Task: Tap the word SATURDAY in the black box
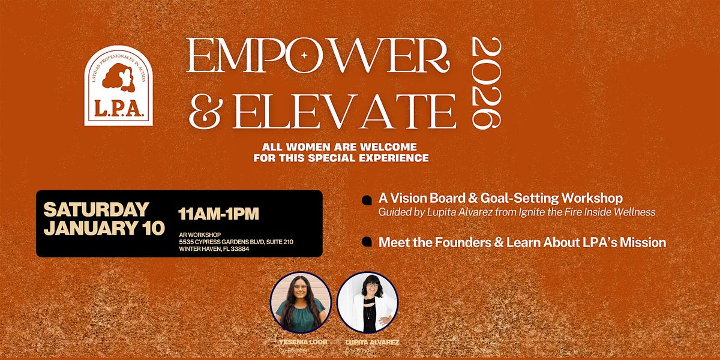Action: click(96, 209)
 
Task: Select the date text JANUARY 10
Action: click(104, 229)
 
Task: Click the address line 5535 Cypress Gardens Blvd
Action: click(235, 242)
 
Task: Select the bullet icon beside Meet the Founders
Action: click(367, 242)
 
